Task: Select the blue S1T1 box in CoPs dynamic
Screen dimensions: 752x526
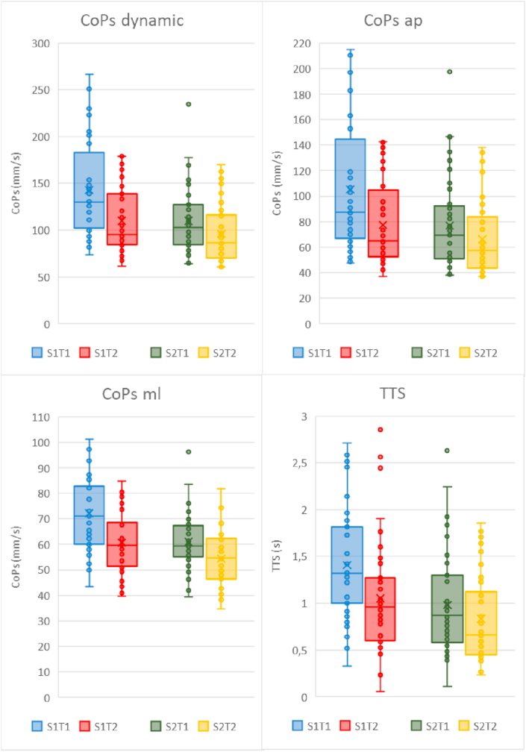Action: pos(89,190)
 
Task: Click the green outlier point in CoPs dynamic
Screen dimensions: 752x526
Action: pos(189,104)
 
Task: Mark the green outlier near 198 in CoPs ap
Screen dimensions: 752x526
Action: pos(449,72)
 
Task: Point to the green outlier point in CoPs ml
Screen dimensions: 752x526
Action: pos(189,451)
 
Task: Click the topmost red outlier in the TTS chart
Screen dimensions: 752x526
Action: pos(358,430)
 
